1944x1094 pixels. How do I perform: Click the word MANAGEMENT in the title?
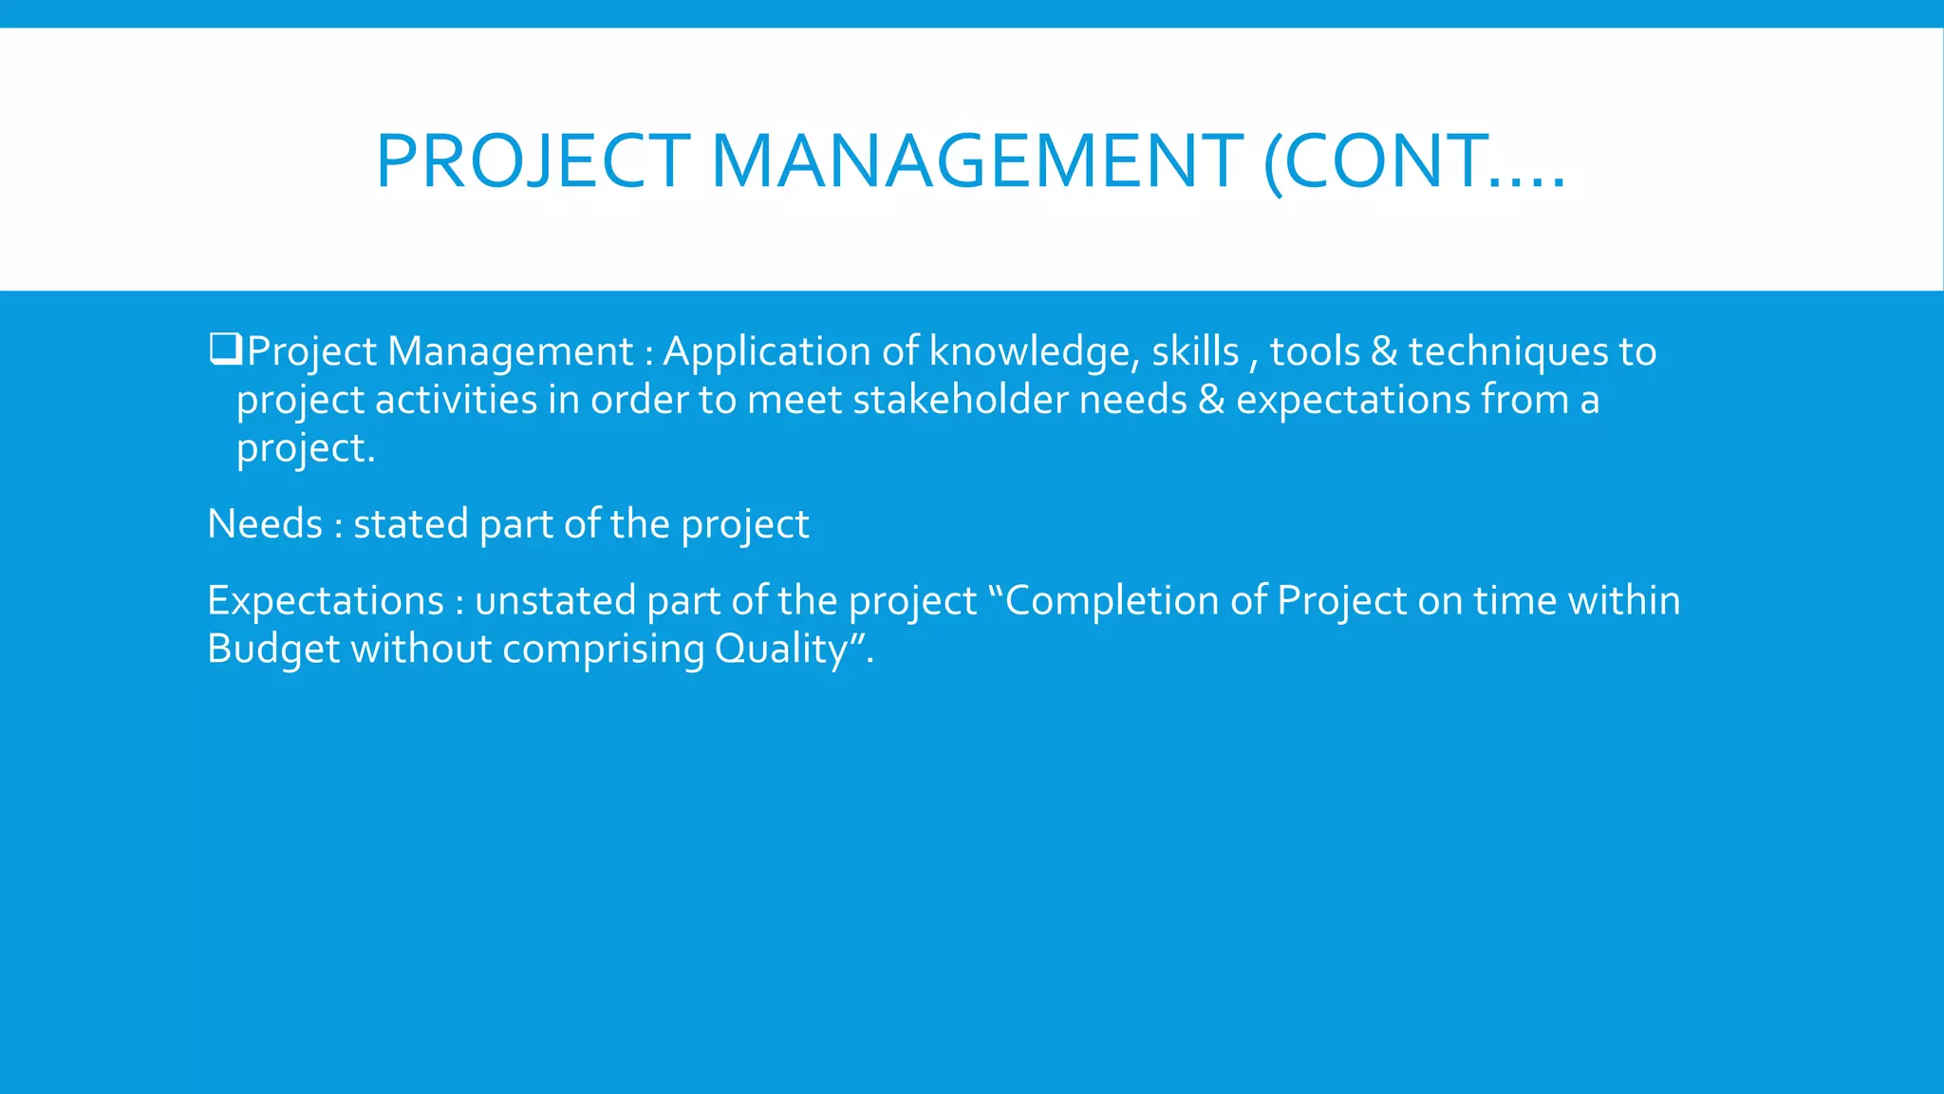pyautogui.click(x=977, y=161)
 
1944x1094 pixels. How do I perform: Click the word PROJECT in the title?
pyautogui.click(x=533, y=161)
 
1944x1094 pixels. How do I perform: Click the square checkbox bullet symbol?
pyautogui.click(x=226, y=349)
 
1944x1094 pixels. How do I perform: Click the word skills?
pyautogui.click(x=1195, y=352)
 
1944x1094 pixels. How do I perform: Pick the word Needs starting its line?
pyautogui.click(x=265, y=524)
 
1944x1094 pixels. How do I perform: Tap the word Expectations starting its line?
pyautogui.click(x=325, y=601)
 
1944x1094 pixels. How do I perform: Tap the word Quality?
pyautogui.click(x=780, y=650)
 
